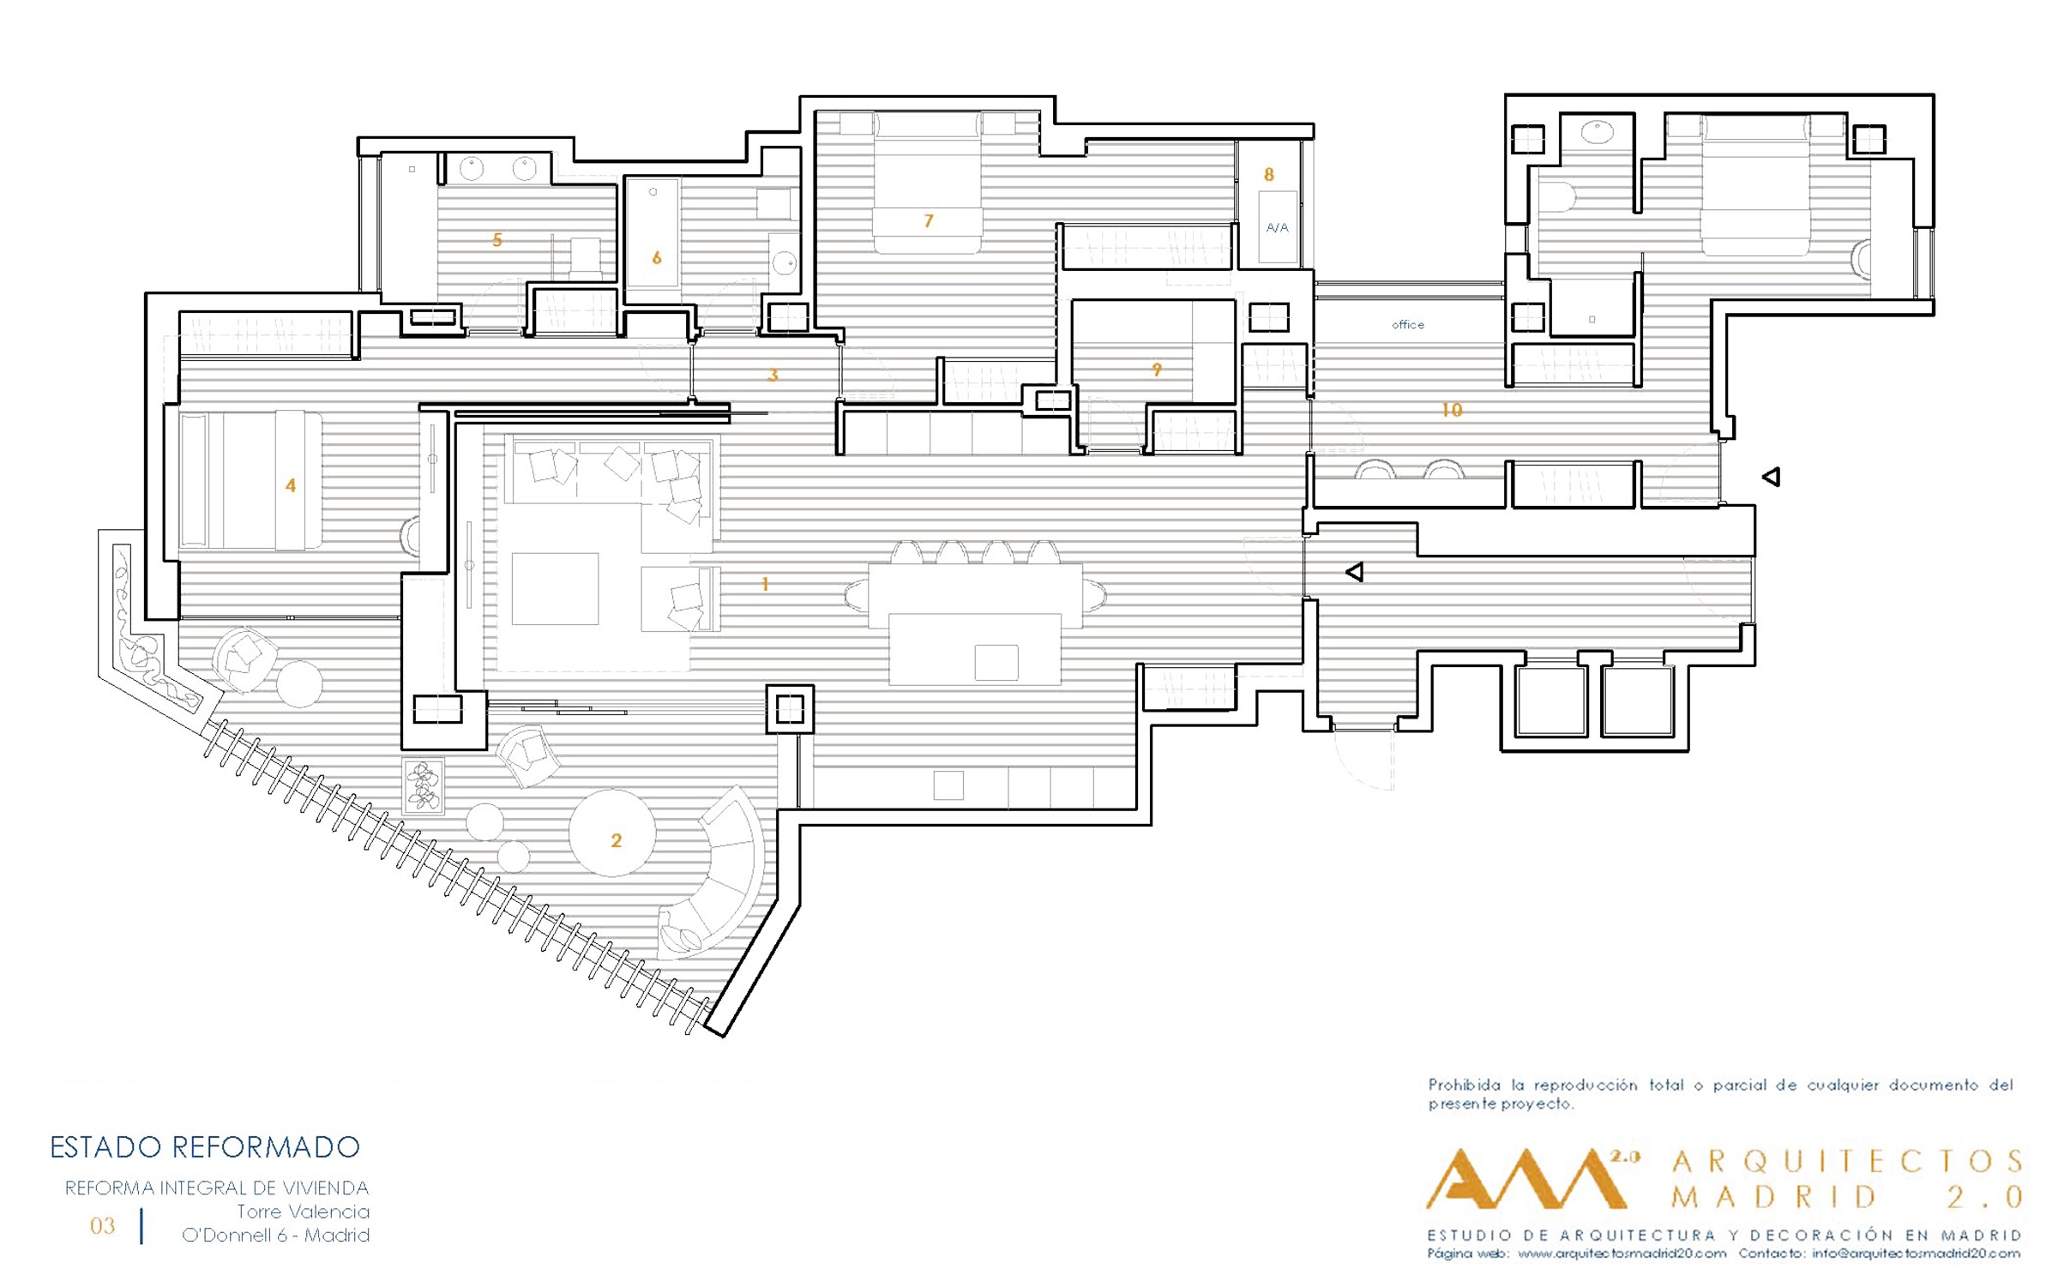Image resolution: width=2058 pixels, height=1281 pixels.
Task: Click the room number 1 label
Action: tap(765, 585)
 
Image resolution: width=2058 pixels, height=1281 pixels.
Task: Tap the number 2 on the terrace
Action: tap(616, 841)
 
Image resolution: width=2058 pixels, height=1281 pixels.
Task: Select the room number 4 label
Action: tap(291, 486)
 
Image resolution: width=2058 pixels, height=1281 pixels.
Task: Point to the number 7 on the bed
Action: tap(929, 221)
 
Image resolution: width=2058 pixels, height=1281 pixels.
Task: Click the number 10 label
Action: tap(1452, 410)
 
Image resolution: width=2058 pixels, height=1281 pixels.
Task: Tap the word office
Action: tap(1407, 325)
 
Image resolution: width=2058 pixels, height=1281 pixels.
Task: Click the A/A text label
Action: tap(1277, 228)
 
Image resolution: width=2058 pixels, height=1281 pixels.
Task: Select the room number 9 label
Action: tap(1157, 370)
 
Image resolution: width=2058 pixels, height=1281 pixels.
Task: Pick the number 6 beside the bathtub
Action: tap(657, 258)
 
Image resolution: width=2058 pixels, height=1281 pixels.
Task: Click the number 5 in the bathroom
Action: tap(497, 240)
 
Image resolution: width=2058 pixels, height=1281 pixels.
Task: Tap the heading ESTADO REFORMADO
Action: tap(205, 1147)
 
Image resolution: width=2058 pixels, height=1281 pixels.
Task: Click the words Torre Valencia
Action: tap(303, 1212)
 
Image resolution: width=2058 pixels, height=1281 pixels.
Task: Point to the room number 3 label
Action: tap(773, 375)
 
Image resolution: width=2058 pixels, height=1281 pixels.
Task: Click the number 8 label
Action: tap(1269, 175)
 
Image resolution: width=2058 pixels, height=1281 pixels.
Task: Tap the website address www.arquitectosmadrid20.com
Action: tap(1622, 1254)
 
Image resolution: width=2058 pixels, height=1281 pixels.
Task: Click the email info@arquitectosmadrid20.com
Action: tap(1916, 1254)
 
